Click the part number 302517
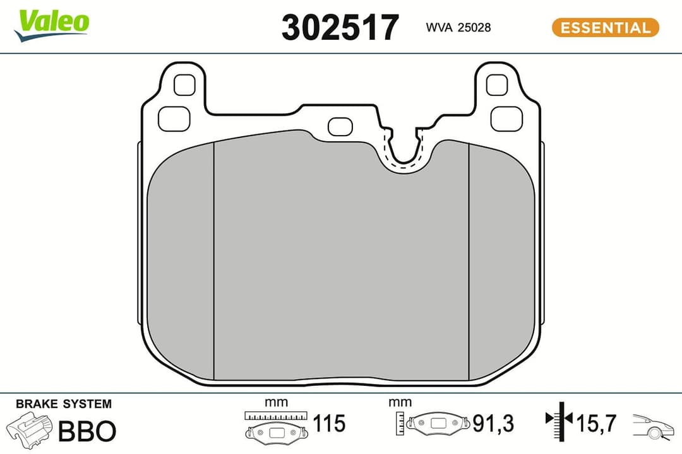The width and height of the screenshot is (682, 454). tap(340, 28)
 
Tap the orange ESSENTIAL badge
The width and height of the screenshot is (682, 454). tap(605, 28)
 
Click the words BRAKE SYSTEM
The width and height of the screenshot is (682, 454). tap(63, 404)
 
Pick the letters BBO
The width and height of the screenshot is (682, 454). tap(87, 431)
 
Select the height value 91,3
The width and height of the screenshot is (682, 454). tap(493, 424)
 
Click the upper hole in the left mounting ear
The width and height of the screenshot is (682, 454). tap(184, 84)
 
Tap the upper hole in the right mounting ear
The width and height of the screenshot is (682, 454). tap(497, 84)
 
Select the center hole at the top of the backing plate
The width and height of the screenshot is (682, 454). tap(341, 126)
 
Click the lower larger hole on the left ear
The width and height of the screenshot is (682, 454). tap(174, 118)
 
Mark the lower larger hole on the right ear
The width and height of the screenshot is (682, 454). tap(506, 118)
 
